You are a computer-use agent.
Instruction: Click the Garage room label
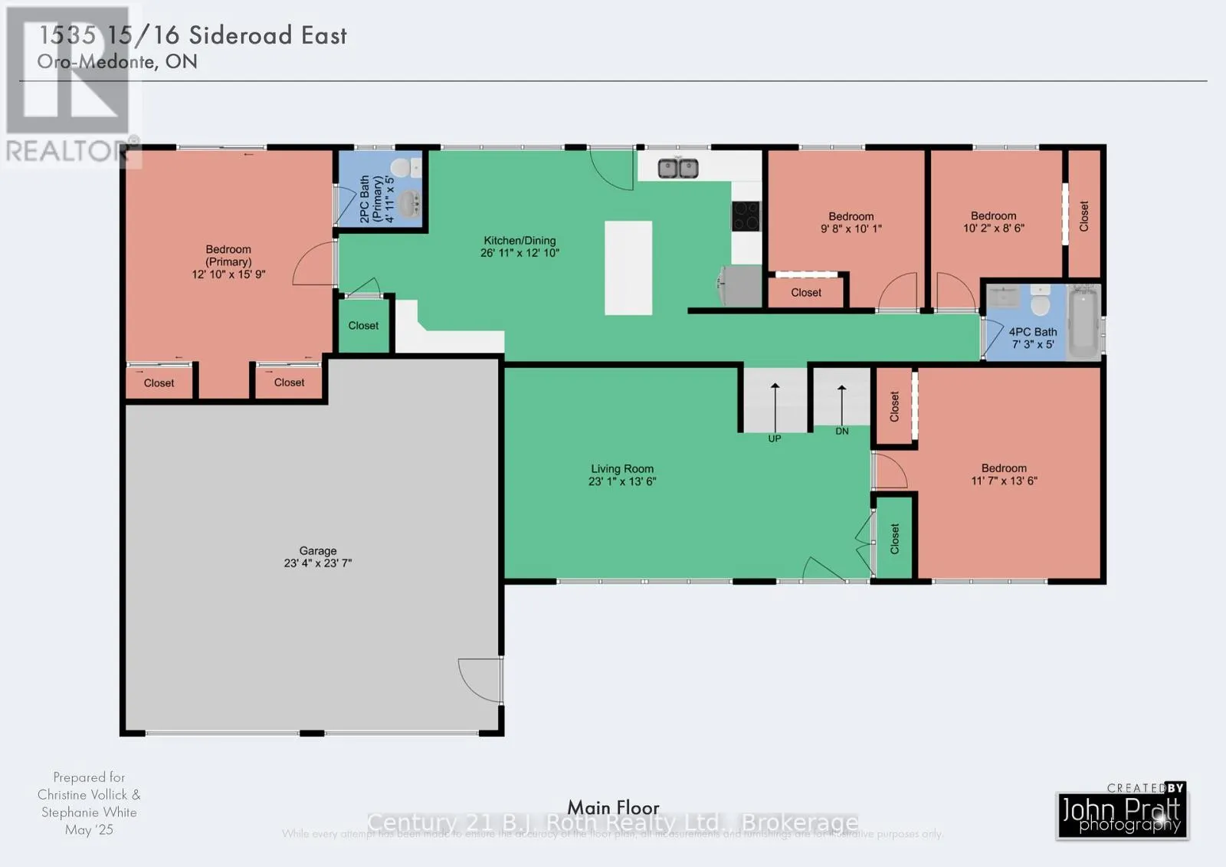coord(317,550)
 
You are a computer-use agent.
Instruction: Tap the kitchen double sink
coord(678,167)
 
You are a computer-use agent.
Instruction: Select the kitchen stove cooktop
coord(745,215)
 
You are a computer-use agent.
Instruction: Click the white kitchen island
coord(628,268)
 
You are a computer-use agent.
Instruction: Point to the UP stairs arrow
coord(775,406)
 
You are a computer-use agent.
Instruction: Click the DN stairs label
coord(841,431)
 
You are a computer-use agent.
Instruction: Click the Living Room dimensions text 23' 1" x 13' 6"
coord(622,481)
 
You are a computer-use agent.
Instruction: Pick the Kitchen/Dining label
coord(520,240)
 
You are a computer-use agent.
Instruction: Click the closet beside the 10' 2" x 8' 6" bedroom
coord(1083,215)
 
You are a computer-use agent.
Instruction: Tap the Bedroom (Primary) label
coord(228,255)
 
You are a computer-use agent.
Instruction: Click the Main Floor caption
coord(613,807)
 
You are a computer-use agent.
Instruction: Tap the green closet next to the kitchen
coord(363,325)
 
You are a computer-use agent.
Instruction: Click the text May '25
coord(89,829)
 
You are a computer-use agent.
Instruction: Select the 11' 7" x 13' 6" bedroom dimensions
coord(1004,481)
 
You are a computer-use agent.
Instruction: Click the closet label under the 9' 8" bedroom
coord(806,292)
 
